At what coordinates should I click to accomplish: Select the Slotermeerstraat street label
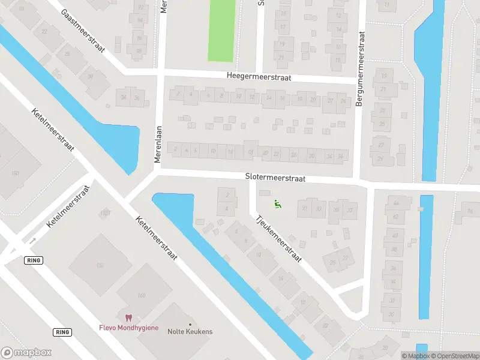(275, 178)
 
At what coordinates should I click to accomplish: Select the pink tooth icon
(127, 318)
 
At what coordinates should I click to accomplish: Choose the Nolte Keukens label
(190, 332)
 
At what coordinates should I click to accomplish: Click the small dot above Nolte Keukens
(190, 325)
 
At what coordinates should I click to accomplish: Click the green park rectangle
(221, 30)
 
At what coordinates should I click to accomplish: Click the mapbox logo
(26, 353)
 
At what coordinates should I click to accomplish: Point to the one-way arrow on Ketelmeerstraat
(32, 241)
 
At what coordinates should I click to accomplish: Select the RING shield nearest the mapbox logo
(62, 332)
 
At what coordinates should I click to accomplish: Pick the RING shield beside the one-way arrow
(32, 260)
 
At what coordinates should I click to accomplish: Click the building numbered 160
(142, 295)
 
